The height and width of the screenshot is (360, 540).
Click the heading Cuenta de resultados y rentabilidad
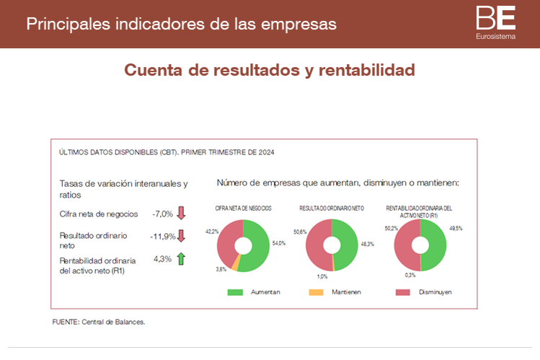click(x=270, y=70)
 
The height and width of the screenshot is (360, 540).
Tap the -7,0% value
click(x=162, y=214)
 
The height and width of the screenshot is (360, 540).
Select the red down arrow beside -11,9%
click(x=182, y=235)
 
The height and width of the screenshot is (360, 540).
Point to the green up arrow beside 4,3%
click(x=181, y=258)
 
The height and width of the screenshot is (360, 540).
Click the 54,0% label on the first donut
click(x=278, y=243)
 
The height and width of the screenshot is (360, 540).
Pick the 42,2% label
click(x=211, y=232)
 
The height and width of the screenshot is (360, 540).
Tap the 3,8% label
click(x=221, y=269)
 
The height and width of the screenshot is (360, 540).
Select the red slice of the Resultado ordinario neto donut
click(x=317, y=245)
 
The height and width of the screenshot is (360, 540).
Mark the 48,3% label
click(x=367, y=244)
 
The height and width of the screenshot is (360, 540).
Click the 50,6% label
click(x=300, y=232)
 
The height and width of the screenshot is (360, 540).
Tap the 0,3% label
click(x=410, y=275)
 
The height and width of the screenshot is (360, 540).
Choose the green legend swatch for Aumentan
click(x=236, y=292)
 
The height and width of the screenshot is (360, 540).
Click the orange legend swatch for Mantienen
click(x=317, y=292)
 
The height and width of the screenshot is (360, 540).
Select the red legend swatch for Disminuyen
click(x=402, y=292)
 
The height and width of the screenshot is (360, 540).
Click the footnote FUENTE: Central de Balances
click(x=99, y=322)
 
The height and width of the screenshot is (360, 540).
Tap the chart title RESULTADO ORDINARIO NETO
click(x=332, y=208)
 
